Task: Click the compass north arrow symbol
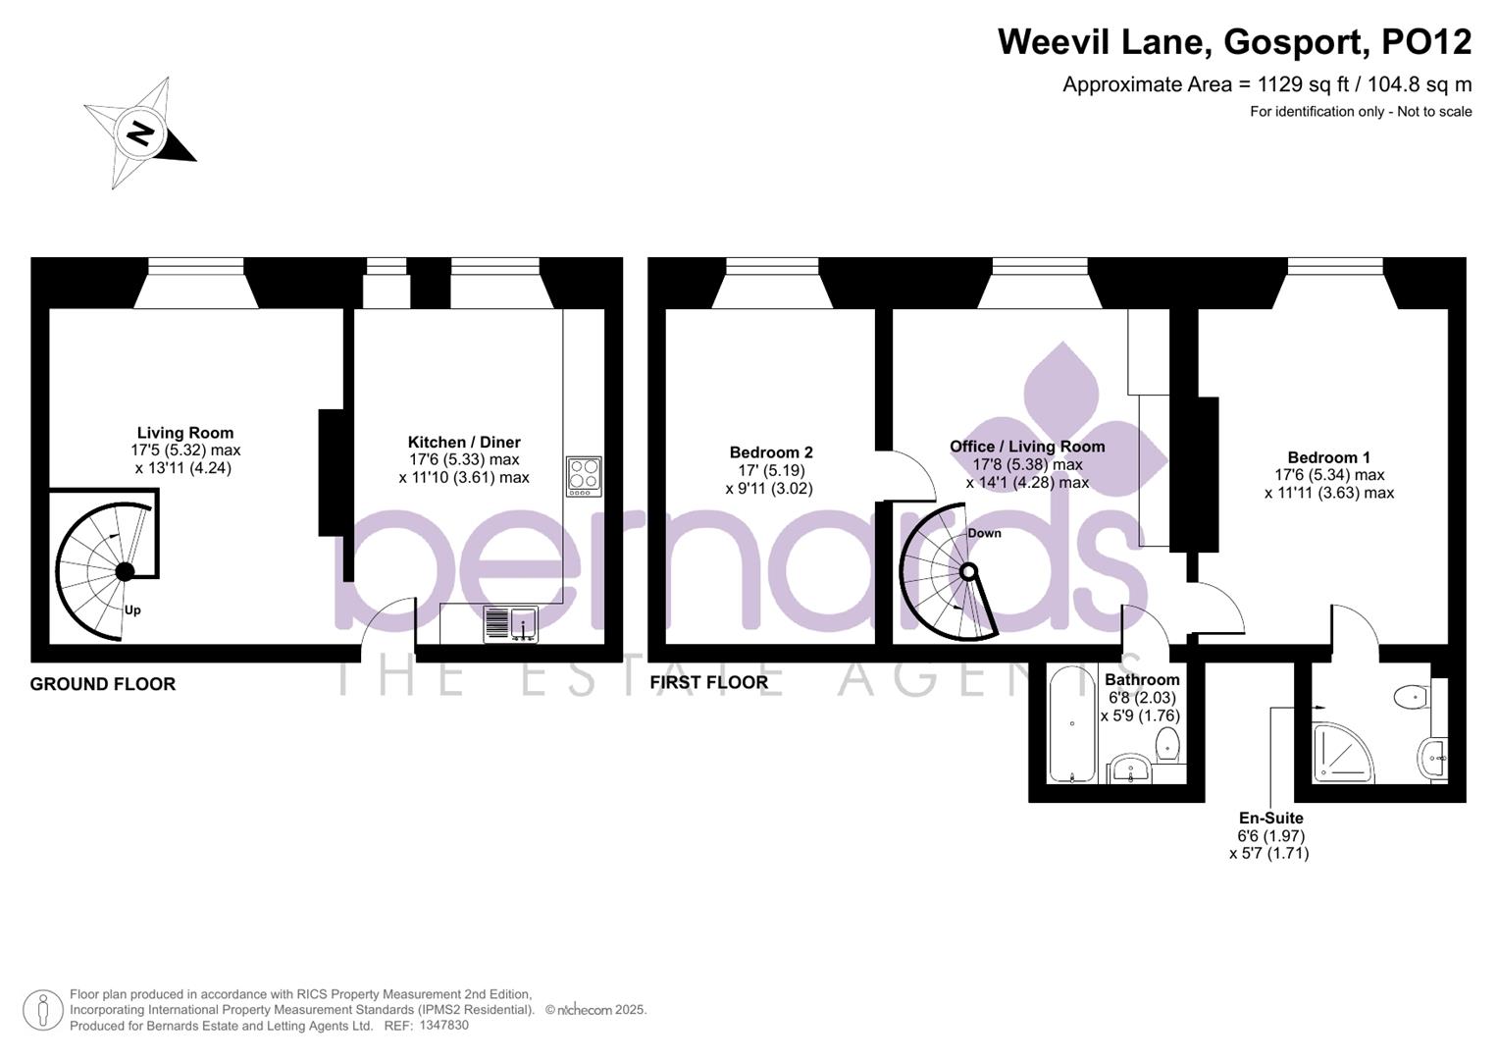141,132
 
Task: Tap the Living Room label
185,433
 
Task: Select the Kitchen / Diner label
464,443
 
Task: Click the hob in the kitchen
584,476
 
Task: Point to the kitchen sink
510,624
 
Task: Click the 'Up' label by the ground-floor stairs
132,610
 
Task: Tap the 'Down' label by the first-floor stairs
984,534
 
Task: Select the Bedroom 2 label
771,452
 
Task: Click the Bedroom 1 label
1328,457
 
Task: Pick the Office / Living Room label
1027,447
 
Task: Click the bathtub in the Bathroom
1071,724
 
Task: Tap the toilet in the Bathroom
1167,744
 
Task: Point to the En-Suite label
1270,819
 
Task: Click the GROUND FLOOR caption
103,684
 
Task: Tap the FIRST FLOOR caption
709,682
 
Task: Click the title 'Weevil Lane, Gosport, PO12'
1234,42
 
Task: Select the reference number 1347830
443,1026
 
